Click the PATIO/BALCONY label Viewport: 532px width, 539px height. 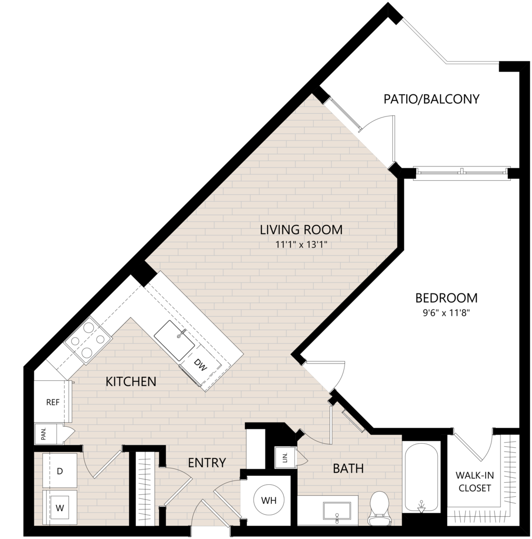click(431, 99)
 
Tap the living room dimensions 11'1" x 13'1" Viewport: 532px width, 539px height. click(301, 245)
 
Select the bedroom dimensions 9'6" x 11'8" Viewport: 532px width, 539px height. click(447, 313)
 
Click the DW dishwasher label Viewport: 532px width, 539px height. click(201, 365)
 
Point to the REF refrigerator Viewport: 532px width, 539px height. click(52, 402)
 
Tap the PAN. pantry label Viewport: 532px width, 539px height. click(44, 434)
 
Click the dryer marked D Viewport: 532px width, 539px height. click(60, 471)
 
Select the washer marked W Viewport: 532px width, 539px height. click(60, 508)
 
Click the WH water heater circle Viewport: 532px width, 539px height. click(269, 500)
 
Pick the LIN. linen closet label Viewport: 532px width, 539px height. click(285, 457)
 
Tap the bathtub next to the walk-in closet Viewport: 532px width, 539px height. click(421, 477)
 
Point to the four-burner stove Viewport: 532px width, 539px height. click(89, 341)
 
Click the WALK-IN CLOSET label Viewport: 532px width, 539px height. click(475, 482)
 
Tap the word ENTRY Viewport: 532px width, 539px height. click(207, 463)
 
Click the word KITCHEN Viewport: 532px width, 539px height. click(131, 381)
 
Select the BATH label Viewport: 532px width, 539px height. click(348, 468)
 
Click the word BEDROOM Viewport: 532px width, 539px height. click(447, 298)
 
